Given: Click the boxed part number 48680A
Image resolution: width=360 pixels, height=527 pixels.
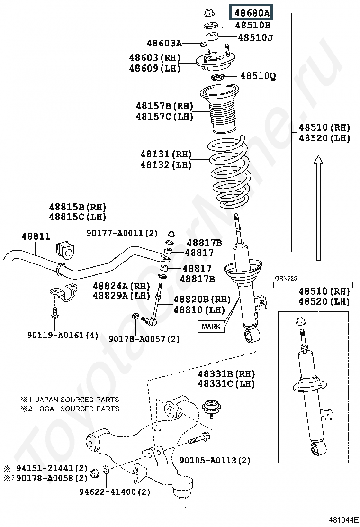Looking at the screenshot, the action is [x=251, y=13].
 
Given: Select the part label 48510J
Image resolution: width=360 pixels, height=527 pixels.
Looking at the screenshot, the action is [x=255, y=37].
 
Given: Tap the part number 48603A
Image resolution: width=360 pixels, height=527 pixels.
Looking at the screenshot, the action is [x=164, y=43].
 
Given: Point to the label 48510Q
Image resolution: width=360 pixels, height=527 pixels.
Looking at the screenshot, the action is [x=258, y=76].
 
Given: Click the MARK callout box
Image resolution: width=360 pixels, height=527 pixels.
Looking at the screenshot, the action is [x=211, y=327].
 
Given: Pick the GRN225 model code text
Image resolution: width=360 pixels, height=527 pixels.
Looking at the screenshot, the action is [x=286, y=278].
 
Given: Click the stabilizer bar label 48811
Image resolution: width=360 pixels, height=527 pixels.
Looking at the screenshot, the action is [x=36, y=236].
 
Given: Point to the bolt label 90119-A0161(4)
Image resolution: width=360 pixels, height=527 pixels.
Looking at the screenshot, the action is [x=63, y=335].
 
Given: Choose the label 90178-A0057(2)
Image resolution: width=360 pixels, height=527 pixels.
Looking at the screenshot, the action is [x=144, y=339].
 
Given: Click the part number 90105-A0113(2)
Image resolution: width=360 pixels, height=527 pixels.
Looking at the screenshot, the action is [x=215, y=460].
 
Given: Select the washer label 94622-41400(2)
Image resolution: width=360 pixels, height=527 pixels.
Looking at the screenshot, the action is [x=115, y=492].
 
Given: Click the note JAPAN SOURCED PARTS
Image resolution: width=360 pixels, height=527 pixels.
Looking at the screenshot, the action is [x=77, y=400].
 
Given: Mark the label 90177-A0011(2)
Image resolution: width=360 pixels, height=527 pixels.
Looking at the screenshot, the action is [x=122, y=233].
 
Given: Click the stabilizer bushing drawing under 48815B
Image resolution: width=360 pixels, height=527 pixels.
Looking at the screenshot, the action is [x=65, y=249].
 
